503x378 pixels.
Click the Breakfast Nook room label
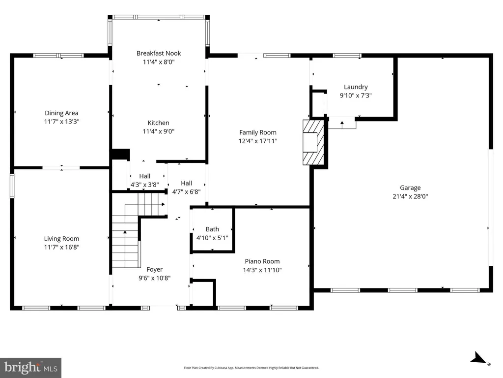159,53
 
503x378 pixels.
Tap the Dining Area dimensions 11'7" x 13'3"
61,122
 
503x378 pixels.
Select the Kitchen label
159,123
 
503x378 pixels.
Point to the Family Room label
257,132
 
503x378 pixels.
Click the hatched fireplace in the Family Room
313,142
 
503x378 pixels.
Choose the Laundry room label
356,87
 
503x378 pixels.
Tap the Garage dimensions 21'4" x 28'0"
410,196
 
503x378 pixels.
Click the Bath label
212,229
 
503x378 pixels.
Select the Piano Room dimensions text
262,270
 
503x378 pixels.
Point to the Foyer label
155,270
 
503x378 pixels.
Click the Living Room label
61,239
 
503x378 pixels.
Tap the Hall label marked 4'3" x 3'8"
145,176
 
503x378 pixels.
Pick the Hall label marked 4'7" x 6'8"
186,183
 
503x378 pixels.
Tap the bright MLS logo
30,368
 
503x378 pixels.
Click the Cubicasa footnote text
251,368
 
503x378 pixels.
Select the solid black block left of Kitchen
120,154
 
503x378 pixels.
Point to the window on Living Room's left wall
12,186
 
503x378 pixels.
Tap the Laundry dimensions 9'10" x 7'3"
356,95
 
